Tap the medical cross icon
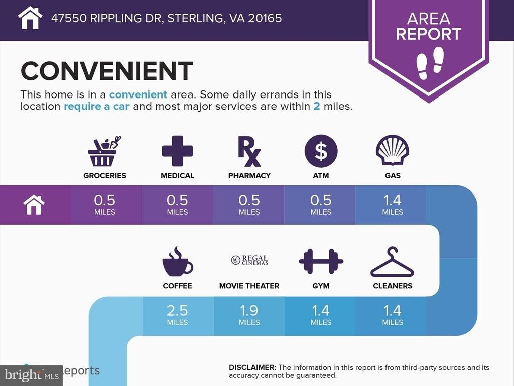(177, 151)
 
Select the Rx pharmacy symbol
(249, 151)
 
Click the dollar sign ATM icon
(321, 151)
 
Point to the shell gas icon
(393, 151)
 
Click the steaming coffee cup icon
(177, 261)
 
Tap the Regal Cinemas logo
(249, 260)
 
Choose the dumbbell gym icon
(321, 261)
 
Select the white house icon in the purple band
(34, 205)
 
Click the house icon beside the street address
(30, 18)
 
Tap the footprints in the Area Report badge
(430, 63)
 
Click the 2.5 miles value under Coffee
(177, 315)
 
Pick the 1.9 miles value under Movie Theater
(249, 315)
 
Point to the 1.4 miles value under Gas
(393, 205)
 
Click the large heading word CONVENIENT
(106, 71)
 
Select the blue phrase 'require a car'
(96, 107)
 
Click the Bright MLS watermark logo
(32, 375)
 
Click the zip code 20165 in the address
(265, 18)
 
